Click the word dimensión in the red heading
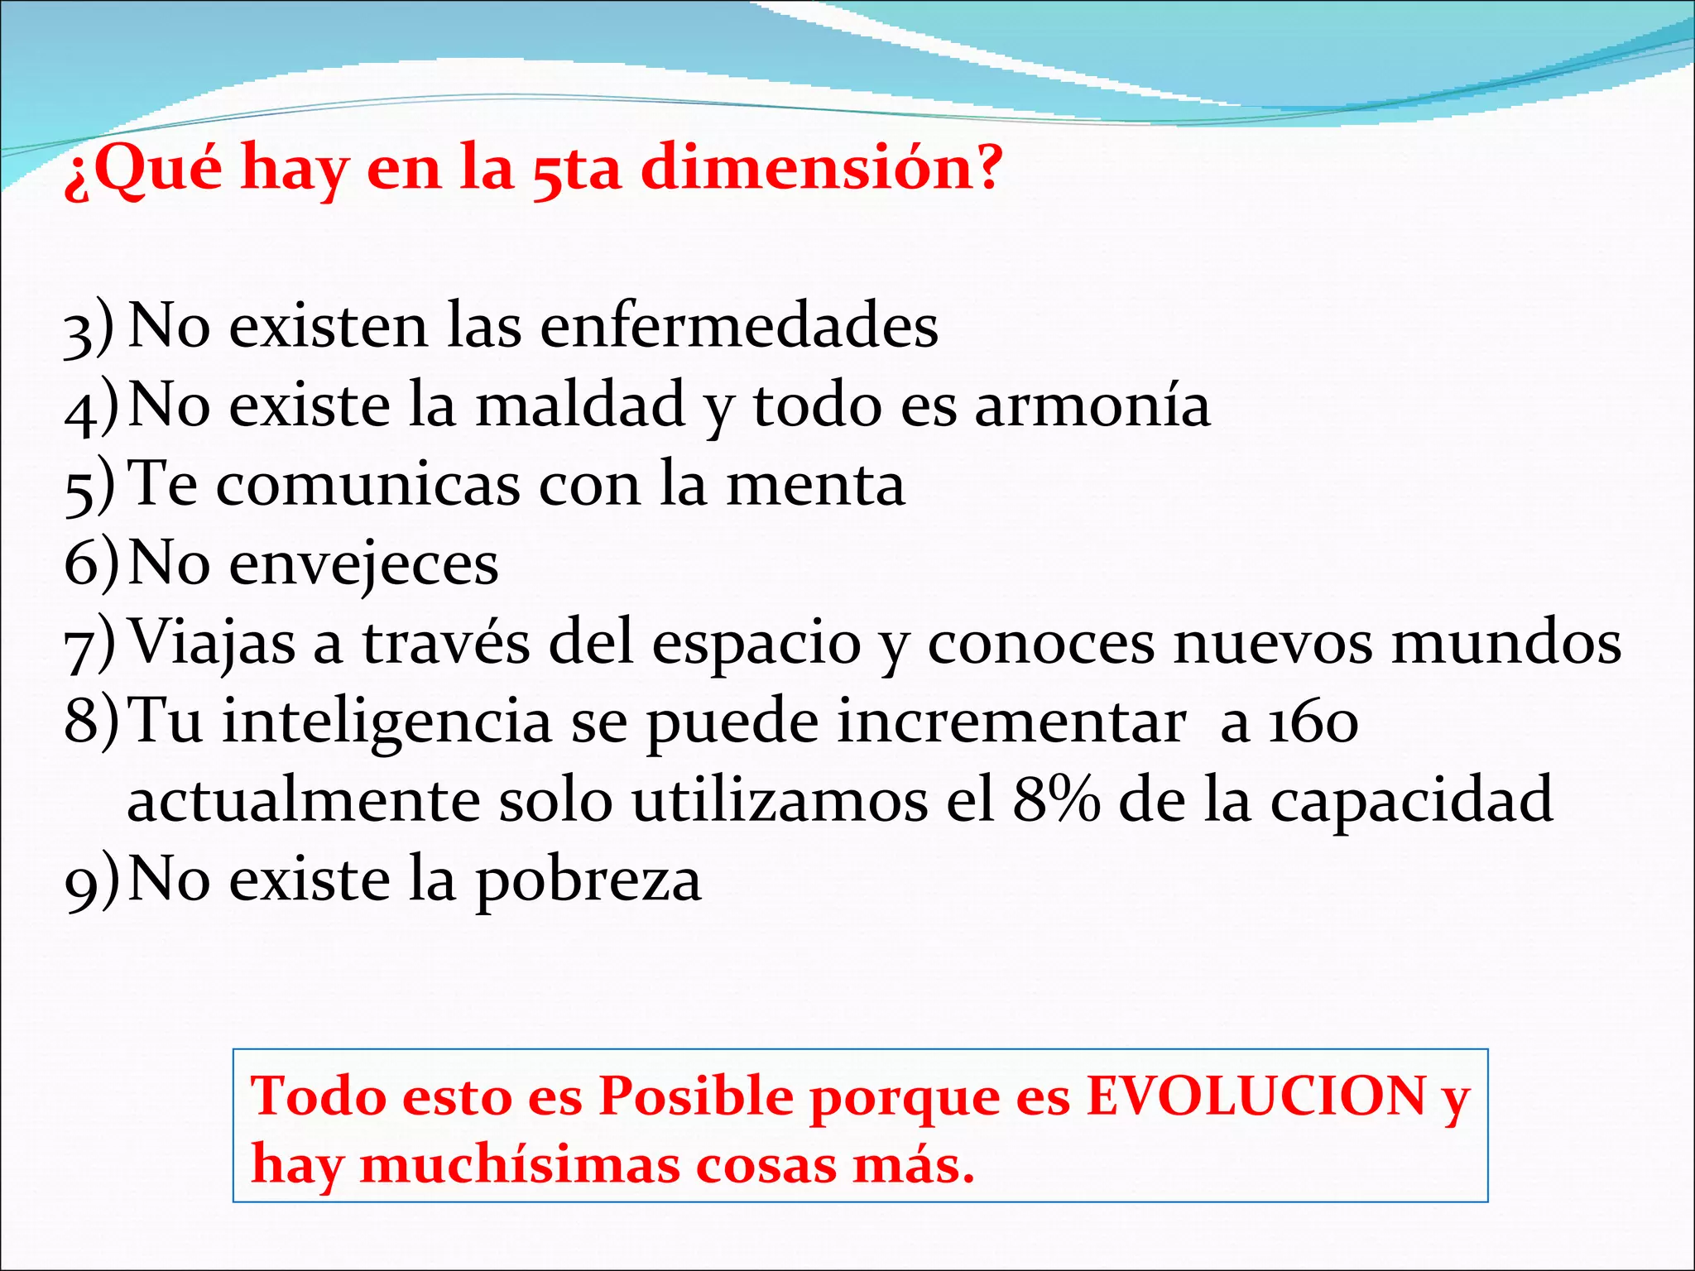tap(821, 168)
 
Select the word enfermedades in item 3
tap(739, 325)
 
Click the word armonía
tap(1092, 405)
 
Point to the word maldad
tap(580, 405)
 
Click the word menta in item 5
tap(815, 485)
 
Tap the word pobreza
tap(588, 880)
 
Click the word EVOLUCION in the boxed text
tap(1256, 1096)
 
